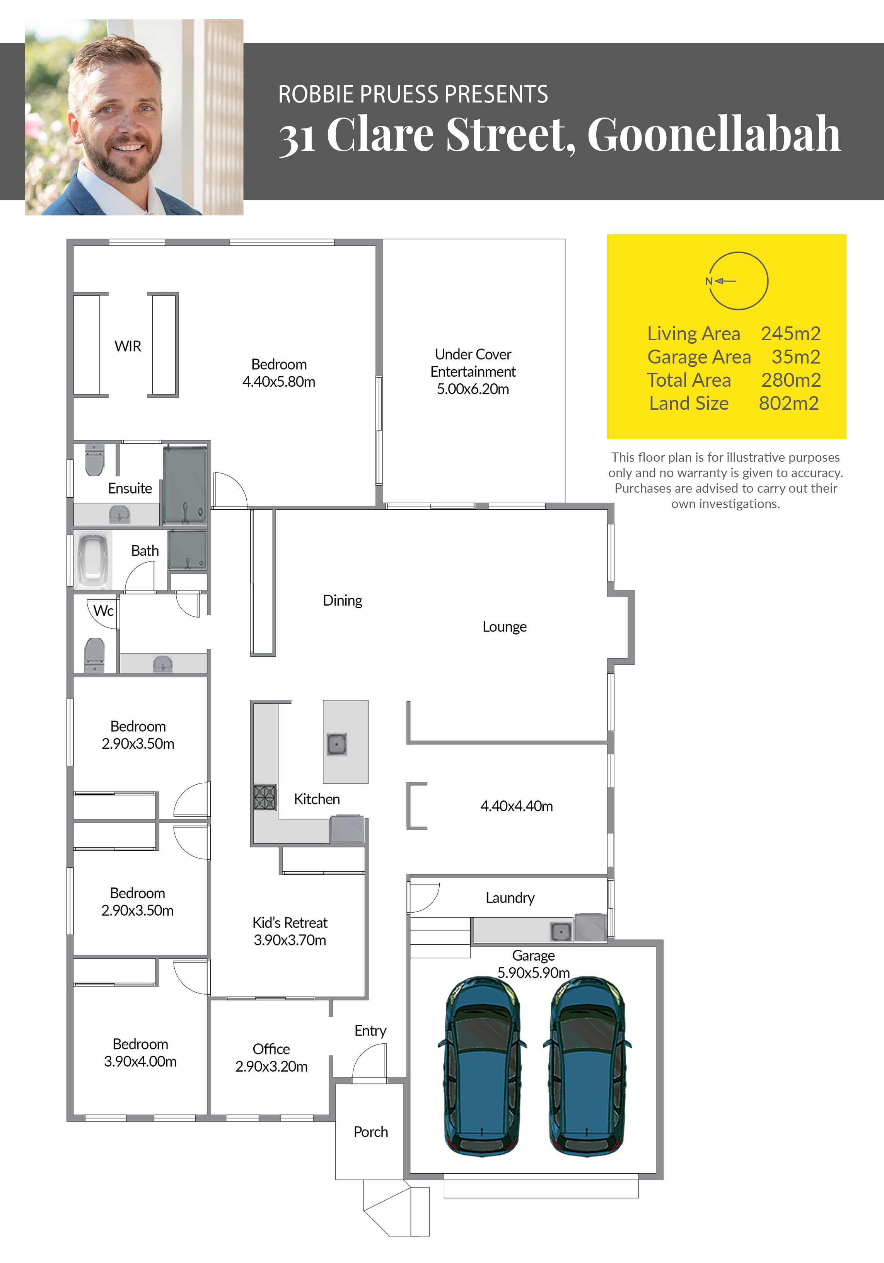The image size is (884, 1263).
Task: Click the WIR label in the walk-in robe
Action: point(128,346)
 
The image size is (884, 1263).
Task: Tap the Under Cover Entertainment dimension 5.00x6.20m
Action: point(473,389)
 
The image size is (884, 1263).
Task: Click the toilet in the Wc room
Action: point(95,655)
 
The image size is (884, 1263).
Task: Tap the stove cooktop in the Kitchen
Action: point(265,797)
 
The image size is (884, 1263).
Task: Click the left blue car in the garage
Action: point(481,1067)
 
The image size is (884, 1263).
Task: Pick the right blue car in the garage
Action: point(587,1067)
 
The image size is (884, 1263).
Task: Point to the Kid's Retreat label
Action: point(290,922)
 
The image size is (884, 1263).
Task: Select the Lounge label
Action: point(504,626)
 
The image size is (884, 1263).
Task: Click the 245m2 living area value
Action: point(790,333)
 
